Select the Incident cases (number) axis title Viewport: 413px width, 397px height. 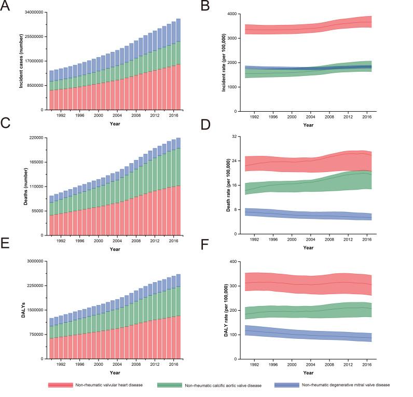(21, 62)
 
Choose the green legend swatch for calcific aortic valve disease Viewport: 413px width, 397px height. (166, 385)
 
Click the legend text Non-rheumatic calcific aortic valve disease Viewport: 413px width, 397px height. (224, 385)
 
